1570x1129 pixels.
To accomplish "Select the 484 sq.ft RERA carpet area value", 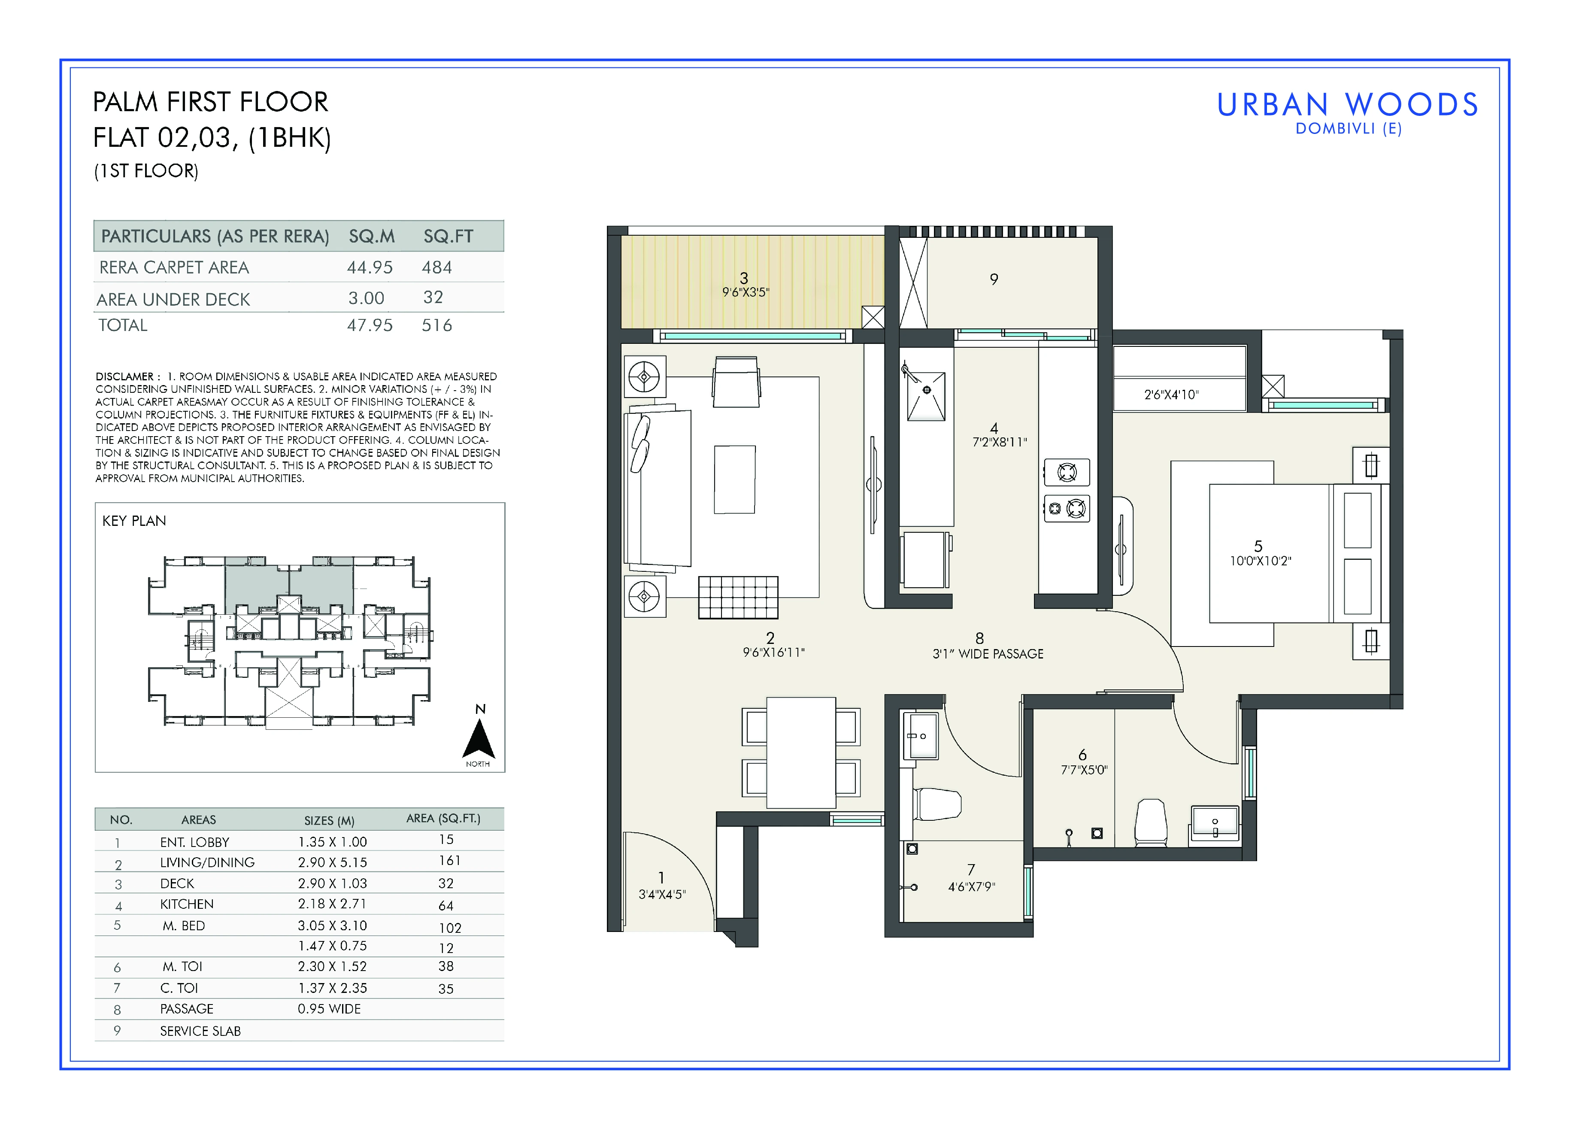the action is point(437,267).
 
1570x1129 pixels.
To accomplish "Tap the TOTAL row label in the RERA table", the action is point(122,325).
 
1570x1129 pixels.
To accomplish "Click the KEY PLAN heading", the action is point(134,521).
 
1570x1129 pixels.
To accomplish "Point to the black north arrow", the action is point(478,739).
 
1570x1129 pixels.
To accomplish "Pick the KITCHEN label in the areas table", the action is point(187,904).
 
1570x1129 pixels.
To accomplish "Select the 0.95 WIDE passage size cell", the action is point(330,1008).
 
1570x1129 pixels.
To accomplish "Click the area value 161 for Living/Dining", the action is point(449,860).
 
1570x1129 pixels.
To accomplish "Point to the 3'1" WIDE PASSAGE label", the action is point(988,653).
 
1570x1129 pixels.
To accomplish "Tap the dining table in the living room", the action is point(801,753).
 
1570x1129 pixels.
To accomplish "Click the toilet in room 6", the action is point(1151,822).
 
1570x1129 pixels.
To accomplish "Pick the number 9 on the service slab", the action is point(994,279).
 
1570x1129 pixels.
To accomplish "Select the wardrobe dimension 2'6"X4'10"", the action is point(1171,395).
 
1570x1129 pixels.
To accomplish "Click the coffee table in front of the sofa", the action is point(734,479).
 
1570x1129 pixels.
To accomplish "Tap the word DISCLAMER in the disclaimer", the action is point(124,376).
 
